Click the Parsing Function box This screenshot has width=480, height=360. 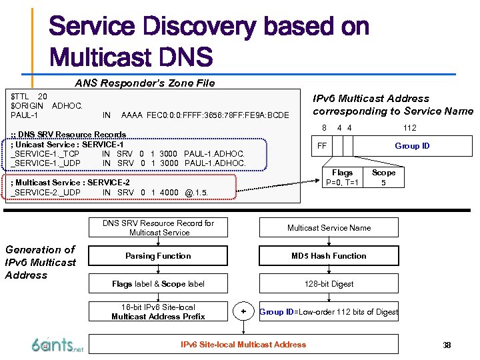[x=158, y=256]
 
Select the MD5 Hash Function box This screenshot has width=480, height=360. [x=329, y=256]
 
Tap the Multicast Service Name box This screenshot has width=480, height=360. [x=329, y=228]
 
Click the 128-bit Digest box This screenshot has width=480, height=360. [x=329, y=284]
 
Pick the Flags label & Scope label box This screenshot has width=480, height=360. [x=158, y=284]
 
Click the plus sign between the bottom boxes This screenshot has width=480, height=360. [x=243, y=311]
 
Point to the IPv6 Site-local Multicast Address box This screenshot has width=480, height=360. [x=243, y=345]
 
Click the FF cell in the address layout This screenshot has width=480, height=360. [x=322, y=146]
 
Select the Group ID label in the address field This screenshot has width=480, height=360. [x=412, y=146]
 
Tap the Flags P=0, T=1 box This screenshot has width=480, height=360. [x=342, y=177]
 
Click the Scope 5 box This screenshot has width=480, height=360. [x=383, y=177]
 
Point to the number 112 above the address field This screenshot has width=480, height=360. [x=409, y=128]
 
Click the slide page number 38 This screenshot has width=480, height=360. [x=447, y=345]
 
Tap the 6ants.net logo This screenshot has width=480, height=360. [x=57, y=344]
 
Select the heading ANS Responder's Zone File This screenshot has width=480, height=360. [x=145, y=83]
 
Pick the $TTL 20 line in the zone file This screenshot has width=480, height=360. [x=29, y=97]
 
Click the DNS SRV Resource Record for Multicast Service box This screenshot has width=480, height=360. [x=158, y=228]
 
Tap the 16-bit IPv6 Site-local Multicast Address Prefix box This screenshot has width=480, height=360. [x=158, y=312]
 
